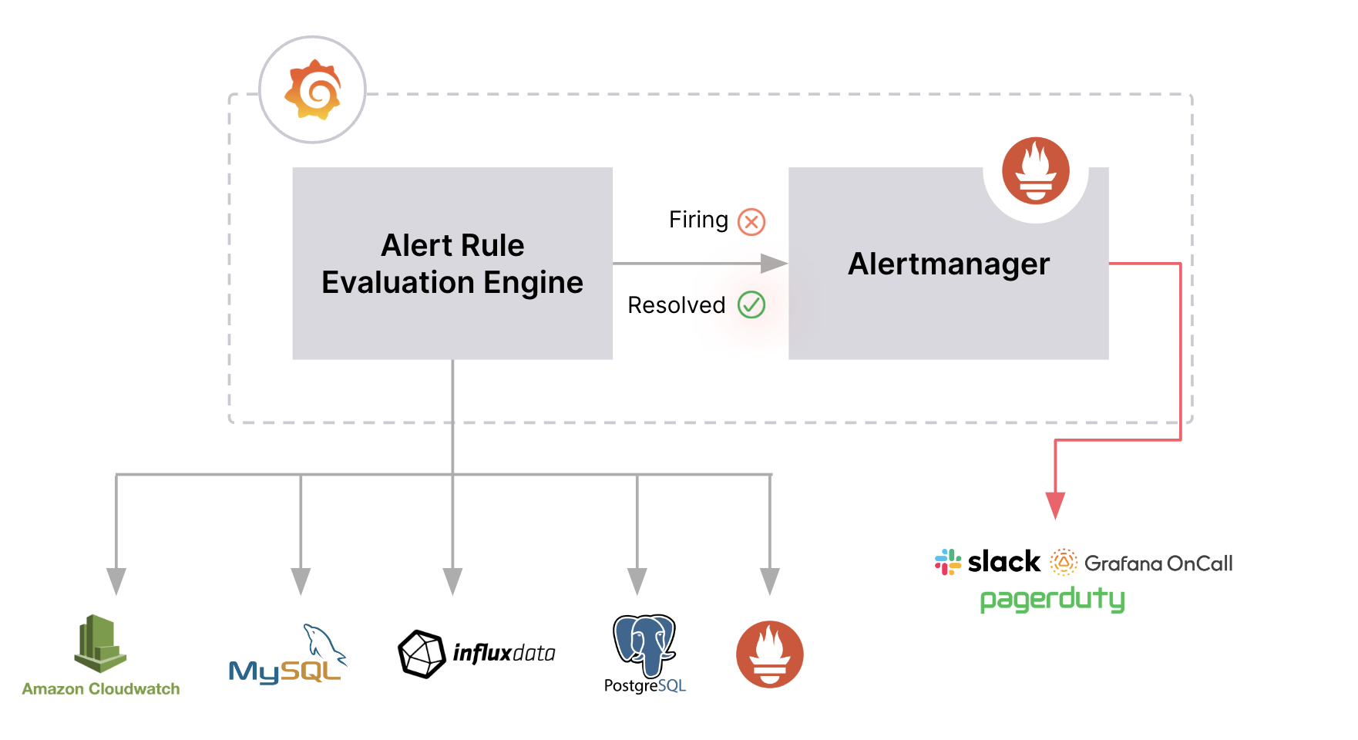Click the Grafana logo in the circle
(312, 89)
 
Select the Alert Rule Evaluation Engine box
(452, 264)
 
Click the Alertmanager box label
(949, 264)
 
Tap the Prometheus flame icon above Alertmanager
(1035, 170)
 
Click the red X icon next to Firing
(751, 222)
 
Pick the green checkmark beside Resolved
(751, 304)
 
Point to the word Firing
(698, 220)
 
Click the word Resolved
(677, 305)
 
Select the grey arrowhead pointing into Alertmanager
(774, 264)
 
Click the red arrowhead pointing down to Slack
(1055, 506)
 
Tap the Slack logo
(988, 562)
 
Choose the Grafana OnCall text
(1158, 563)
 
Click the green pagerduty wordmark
(1052, 600)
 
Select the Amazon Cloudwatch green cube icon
(100, 643)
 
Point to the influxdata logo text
(504, 654)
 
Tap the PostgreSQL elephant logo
(644, 646)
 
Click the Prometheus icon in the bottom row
(769, 654)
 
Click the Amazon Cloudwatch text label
(101, 689)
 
